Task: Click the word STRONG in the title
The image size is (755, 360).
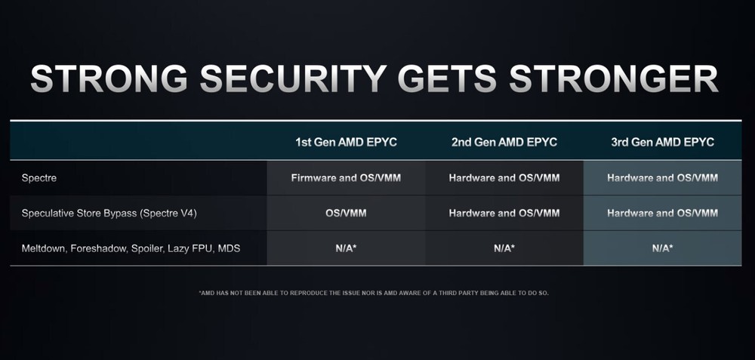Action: click(x=109, y=78)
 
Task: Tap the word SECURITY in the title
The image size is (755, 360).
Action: click(x=293, y=78)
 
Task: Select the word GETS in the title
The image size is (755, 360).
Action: click(x=447, y=78)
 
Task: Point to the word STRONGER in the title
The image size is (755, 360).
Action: click(x=613, y=78)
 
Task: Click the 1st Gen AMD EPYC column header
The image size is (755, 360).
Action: click(x=347, y=142)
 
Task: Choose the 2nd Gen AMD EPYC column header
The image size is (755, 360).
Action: click(x=504, y=142)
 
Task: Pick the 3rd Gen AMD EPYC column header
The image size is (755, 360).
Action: click(x=663, y=142)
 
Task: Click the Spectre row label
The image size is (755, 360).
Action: click(x=39, y=178)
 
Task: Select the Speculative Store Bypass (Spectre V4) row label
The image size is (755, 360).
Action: click(x=109, y=214)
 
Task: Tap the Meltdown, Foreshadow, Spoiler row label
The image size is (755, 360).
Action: click(x=131, y=248)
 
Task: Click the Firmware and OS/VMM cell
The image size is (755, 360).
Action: click(x=346, y=178)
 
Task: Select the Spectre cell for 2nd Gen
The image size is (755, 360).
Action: click(x=504, y=178)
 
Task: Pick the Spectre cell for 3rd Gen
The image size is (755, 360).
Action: click(x=663, y=178)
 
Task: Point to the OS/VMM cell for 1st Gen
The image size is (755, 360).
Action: click(x=346, y=214)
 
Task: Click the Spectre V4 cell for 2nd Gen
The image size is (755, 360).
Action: click(x=504, y=214)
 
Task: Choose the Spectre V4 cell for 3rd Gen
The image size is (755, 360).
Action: click(x=663, y=214)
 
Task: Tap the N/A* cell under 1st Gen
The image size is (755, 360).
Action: click(x=346, y=248)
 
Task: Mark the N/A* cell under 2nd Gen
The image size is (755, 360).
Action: click(x=504, y=248)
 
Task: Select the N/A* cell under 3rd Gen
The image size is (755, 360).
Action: click(x=663, y=248)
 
